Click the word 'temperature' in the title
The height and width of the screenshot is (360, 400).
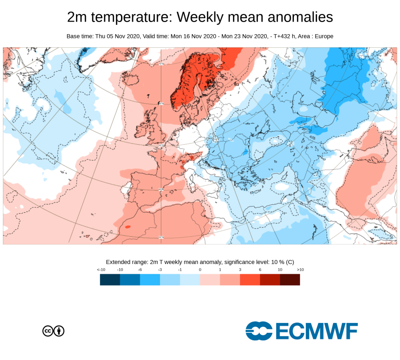(132, 18)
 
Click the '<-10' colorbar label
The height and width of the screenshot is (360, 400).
(100, 270)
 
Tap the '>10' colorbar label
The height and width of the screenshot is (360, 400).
(300, 270)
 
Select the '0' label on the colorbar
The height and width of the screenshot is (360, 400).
(200, 270)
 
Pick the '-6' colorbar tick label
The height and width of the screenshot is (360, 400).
(140, 270)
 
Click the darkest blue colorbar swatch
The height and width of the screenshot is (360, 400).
(110, 280)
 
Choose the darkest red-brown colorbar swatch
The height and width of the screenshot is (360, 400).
(290, 280)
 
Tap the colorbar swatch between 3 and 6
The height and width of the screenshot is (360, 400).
(250, 280)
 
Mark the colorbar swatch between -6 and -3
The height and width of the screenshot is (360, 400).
(150, 280)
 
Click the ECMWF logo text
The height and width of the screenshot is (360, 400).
(317, 331)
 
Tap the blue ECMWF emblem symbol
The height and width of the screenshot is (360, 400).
(259, 331)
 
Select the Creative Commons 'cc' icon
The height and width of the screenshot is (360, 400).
(48, 331)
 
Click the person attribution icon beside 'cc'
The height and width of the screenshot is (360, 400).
(59, 331)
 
